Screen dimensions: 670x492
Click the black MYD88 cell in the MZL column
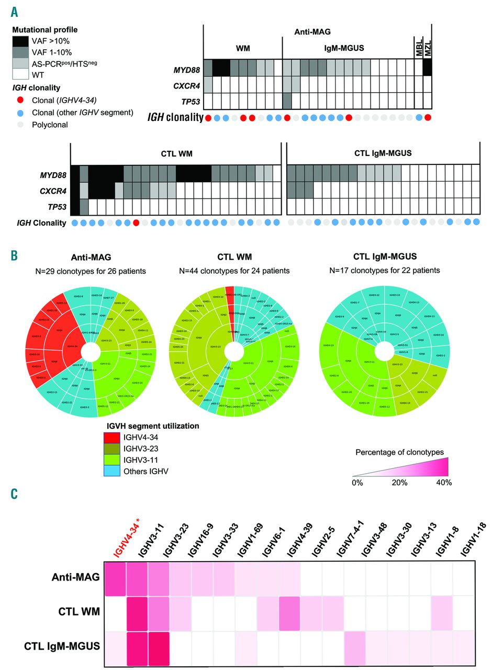427,68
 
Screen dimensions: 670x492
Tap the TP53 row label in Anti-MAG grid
187,100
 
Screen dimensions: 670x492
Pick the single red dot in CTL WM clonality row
136,222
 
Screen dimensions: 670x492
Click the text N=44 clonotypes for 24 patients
245,271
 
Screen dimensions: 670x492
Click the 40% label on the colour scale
443,482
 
